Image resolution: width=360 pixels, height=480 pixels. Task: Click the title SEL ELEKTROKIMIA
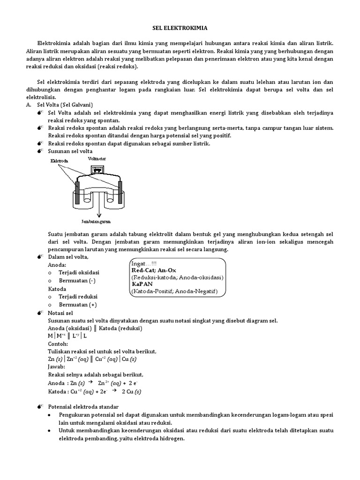[180, 28]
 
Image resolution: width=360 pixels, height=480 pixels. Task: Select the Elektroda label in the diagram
[58, 161]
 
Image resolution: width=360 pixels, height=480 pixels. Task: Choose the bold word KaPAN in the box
[143, 284]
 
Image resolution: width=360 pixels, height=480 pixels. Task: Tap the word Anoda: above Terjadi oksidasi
[58, 265]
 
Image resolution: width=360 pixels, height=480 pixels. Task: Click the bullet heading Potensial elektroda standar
[83, 406]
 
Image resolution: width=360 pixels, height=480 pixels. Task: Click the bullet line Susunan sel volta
[70, 151]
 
